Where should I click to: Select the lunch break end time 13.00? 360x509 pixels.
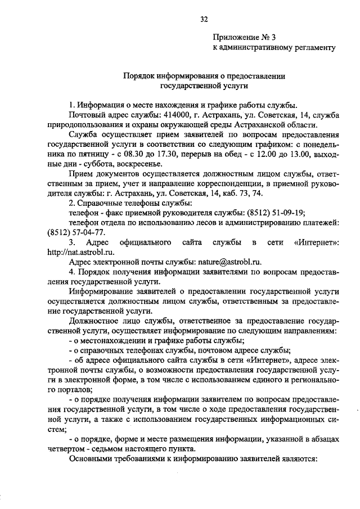click(297, 154)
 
